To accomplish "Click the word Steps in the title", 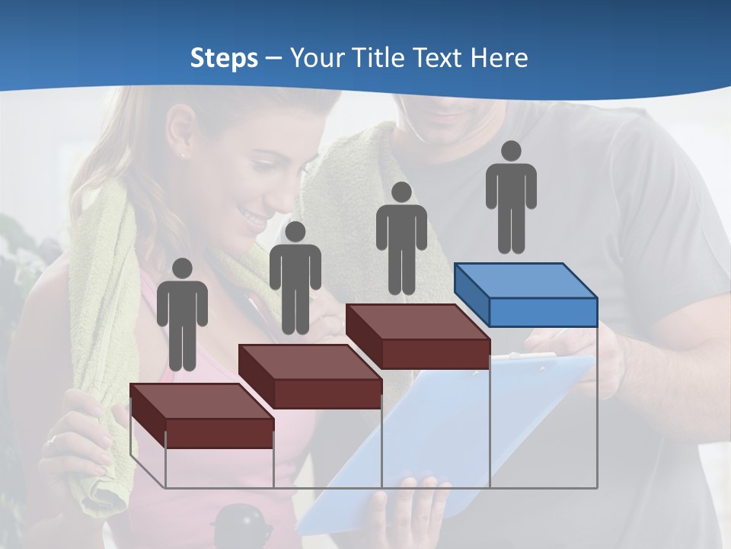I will click(224, 59).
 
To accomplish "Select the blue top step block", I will click(525, 294).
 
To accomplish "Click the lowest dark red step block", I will click(201, 415).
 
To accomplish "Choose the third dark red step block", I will click(417, 335).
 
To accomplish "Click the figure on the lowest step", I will click(182, 314).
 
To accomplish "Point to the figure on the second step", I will click(295, 278).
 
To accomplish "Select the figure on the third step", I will click(401, 238).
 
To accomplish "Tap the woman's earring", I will click(184, 155).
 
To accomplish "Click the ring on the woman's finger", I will click(51, 440).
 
